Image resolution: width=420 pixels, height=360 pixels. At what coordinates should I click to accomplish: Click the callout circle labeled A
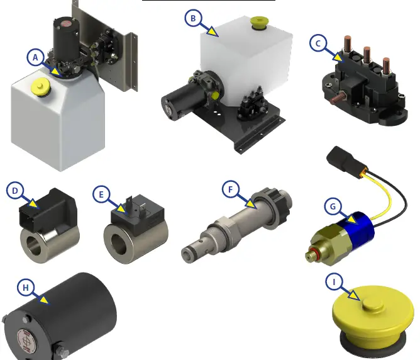(x=36, y=57)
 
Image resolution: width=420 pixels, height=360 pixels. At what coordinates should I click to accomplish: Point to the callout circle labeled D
(x=15, y=191)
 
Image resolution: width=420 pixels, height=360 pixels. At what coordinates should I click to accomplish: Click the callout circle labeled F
(x=231, y=189)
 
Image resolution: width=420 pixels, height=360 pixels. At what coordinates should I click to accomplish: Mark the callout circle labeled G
(x=333, y=206)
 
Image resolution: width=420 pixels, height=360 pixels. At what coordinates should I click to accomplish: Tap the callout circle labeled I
(x=333, y=281)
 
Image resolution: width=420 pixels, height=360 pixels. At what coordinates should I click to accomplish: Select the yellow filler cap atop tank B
(x=258, y=23)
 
